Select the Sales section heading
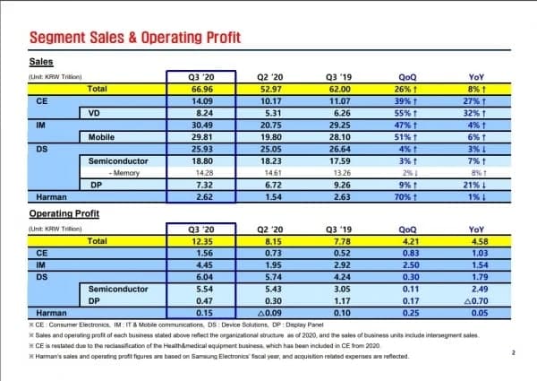(41, 62)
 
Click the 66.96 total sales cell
(200, 90)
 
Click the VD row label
(93, 113)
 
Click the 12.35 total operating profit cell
(200, 242)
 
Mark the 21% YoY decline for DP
(476, 184)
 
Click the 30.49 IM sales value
(200, 126)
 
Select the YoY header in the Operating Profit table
(476, 230)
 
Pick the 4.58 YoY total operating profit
(476, 242)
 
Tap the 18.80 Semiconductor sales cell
(200, 160)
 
